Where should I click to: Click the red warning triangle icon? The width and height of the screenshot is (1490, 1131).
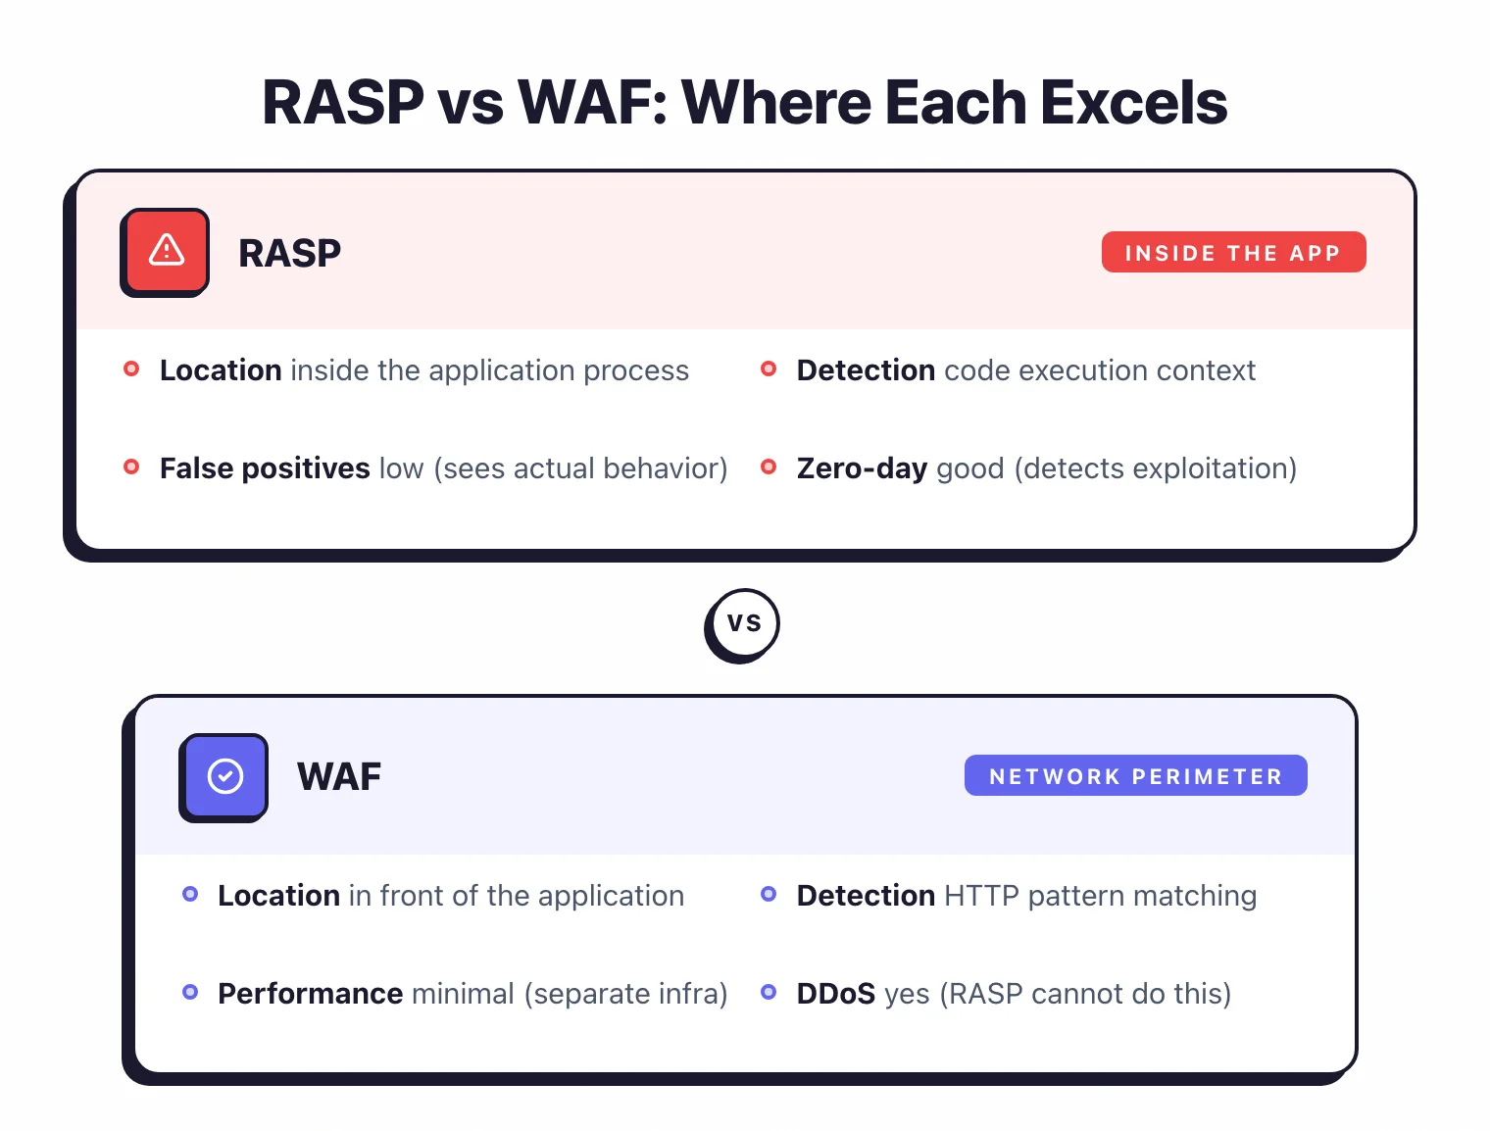[166, 251]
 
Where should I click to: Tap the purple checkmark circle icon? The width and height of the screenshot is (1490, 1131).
[224, 776]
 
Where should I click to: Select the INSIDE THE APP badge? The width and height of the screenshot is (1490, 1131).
[1233, 253]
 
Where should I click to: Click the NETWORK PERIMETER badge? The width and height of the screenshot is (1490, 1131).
[1135, 776]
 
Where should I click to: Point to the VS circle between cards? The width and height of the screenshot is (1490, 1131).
[743, 623]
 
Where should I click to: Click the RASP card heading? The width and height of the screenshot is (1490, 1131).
[289, 254]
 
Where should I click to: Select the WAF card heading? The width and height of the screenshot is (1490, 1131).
[338, 777]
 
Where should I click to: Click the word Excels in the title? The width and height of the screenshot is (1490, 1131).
[1133, 103]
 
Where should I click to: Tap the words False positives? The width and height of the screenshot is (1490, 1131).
[265, 468]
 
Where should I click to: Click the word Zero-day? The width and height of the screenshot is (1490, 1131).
[862, 468]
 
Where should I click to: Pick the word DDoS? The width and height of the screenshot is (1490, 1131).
[835, 994]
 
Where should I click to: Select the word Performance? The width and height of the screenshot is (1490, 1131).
[310, 994]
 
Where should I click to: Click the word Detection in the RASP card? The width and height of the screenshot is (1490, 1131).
[866, 370]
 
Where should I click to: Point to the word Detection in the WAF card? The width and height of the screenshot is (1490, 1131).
[866, 896]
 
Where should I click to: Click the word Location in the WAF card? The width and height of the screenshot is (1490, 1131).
[278, 896]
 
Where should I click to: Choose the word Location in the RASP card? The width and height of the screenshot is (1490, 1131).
[221, 370]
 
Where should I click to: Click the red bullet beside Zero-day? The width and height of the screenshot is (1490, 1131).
[769, 467]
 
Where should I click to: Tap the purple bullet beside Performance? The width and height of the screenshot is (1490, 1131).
[190, 992]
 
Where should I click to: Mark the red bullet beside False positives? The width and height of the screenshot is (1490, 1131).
[131, 467]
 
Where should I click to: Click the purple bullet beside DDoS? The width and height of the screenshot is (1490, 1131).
[769, 992]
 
